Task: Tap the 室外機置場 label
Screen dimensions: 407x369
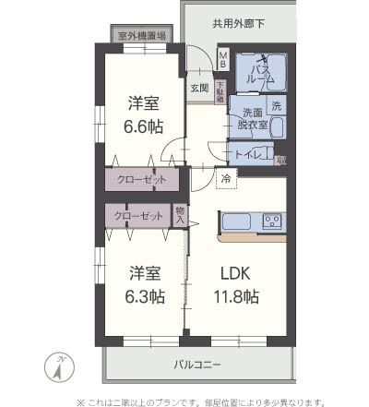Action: (x=143, y=36)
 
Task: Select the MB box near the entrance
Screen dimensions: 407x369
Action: (x=223, y=59)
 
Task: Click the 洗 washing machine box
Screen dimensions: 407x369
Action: (x=278, y=105)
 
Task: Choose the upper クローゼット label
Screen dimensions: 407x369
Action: (x=142, y=179)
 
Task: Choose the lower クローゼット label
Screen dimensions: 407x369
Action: (x=137, y=218)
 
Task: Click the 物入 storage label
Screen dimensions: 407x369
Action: (x=180, y=217)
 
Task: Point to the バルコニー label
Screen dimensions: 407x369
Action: (x=197, y=365)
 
